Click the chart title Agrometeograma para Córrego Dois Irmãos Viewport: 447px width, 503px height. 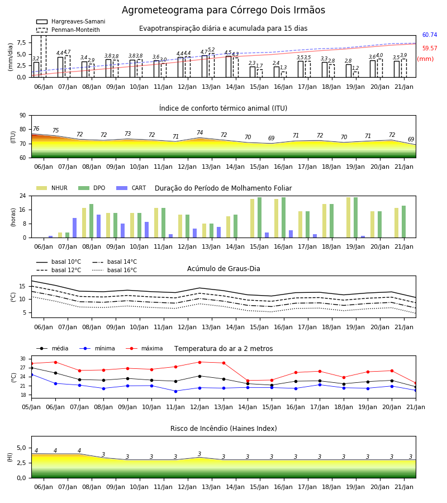click(x=223, y=10)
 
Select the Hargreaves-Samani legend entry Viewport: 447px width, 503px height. click(x=70, y=21)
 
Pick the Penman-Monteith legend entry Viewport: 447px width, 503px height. click(x=68, y=30)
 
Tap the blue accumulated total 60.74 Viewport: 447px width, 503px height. click(x=430, y=35)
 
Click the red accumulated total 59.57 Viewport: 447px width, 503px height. click(x=430, y=49)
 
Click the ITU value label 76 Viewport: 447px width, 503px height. click(x=36, y=129)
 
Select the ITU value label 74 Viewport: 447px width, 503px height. click(x=200, y=132)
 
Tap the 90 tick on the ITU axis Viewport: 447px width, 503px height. click(x=23, y=116)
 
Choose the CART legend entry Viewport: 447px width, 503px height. click(x=131, y=188)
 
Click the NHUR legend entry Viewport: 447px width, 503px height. click(x=52, y=188)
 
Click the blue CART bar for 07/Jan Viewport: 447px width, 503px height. click(x=75, y=228)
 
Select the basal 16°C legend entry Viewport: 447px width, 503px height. click(x=115, y=270)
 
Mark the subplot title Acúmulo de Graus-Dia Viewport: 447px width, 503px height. click(x=223, y=269)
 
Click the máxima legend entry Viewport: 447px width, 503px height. click(x=144, y=348)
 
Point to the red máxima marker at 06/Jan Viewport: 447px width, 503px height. click(x=55, y=362)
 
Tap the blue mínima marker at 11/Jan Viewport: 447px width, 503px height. click(x=175, y=391)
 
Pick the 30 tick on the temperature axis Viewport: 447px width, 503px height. click(x=23, y=359)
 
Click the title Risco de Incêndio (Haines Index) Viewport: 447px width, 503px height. click(x=223, y=429)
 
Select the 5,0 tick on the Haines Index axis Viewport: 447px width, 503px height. click(x=21, y=448)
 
